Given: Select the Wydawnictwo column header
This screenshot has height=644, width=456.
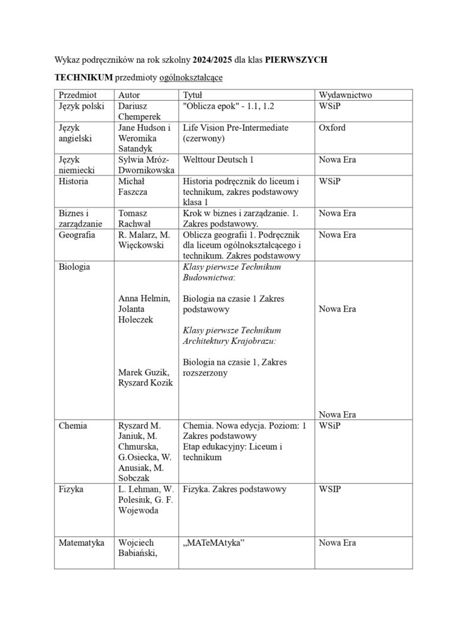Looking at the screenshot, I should (x=346, y=94).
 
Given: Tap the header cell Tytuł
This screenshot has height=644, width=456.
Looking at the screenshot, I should (x=192, y=94).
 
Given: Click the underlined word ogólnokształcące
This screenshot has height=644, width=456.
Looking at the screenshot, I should (x=192, y=77).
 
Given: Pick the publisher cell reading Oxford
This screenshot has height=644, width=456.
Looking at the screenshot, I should (x=332, y=128).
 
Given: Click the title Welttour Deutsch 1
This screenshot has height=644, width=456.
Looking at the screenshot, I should (x=218, y=160).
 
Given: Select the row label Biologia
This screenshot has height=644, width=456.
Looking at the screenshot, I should (x=74, y=267).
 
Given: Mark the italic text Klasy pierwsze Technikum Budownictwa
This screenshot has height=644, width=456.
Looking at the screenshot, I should (x=231, y=272).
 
